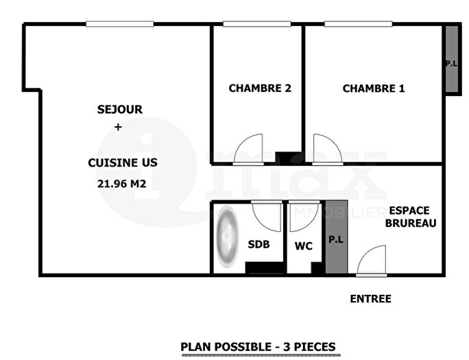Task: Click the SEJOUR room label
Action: point(119,109)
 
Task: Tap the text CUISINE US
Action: point(123,163)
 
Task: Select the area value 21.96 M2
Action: point(123,182)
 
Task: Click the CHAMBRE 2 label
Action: point(255,88)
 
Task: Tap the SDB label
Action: point(258,245)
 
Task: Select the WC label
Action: point(304,245)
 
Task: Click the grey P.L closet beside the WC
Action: point(336,238)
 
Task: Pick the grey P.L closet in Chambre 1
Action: point(450,61)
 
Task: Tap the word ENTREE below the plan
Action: point(370,299)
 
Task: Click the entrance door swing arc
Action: point(372,261)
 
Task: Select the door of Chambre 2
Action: point(247,149)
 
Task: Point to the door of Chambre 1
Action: point(326,149)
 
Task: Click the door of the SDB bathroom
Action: point(267,216)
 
